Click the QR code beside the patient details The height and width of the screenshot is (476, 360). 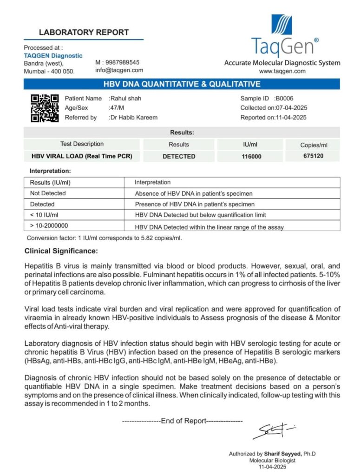point(45,108)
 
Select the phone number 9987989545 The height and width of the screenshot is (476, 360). point(120,62)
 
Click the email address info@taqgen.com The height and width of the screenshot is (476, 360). point(119,70)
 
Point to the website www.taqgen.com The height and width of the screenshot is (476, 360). point(282,71)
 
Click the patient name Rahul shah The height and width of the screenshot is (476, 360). point(126,99)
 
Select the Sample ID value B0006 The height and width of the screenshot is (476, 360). point(284,99)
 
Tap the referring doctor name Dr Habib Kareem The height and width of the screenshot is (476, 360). point(134,118)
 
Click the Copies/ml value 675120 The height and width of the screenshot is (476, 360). point(312,156)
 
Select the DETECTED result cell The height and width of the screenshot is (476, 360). point(179,157)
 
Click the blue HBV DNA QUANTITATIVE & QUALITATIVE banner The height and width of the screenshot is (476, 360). point(182,84)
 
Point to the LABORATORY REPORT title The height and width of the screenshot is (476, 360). point(84,33)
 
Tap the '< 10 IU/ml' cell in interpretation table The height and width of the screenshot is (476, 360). point(44,215)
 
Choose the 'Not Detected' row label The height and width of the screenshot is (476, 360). point(48,193)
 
